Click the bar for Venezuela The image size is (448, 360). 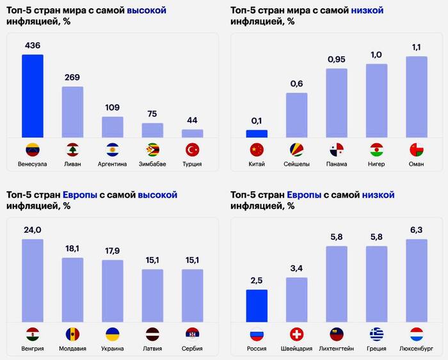coord(33,96)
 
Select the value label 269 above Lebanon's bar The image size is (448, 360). coord(72,78)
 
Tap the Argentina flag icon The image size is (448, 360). coord(113,150)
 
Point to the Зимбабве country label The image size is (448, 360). coord(152,164)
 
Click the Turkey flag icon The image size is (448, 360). coord(192,150)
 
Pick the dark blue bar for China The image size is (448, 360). coord(257,134)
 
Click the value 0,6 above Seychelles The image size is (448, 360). coord(296,84)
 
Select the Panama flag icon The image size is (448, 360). coord(337,150)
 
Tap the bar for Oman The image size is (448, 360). coord(417,97)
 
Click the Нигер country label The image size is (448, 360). coord(376,164)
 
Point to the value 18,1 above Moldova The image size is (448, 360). coord(72,249)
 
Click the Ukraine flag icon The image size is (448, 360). coord(113,334)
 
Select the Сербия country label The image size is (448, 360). coord(192,348)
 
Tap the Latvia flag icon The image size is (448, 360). coord(152,334)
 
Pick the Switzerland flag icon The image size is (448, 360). coord(296,334)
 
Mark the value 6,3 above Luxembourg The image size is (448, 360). coord(417,230)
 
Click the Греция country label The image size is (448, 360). coord(376,348)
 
